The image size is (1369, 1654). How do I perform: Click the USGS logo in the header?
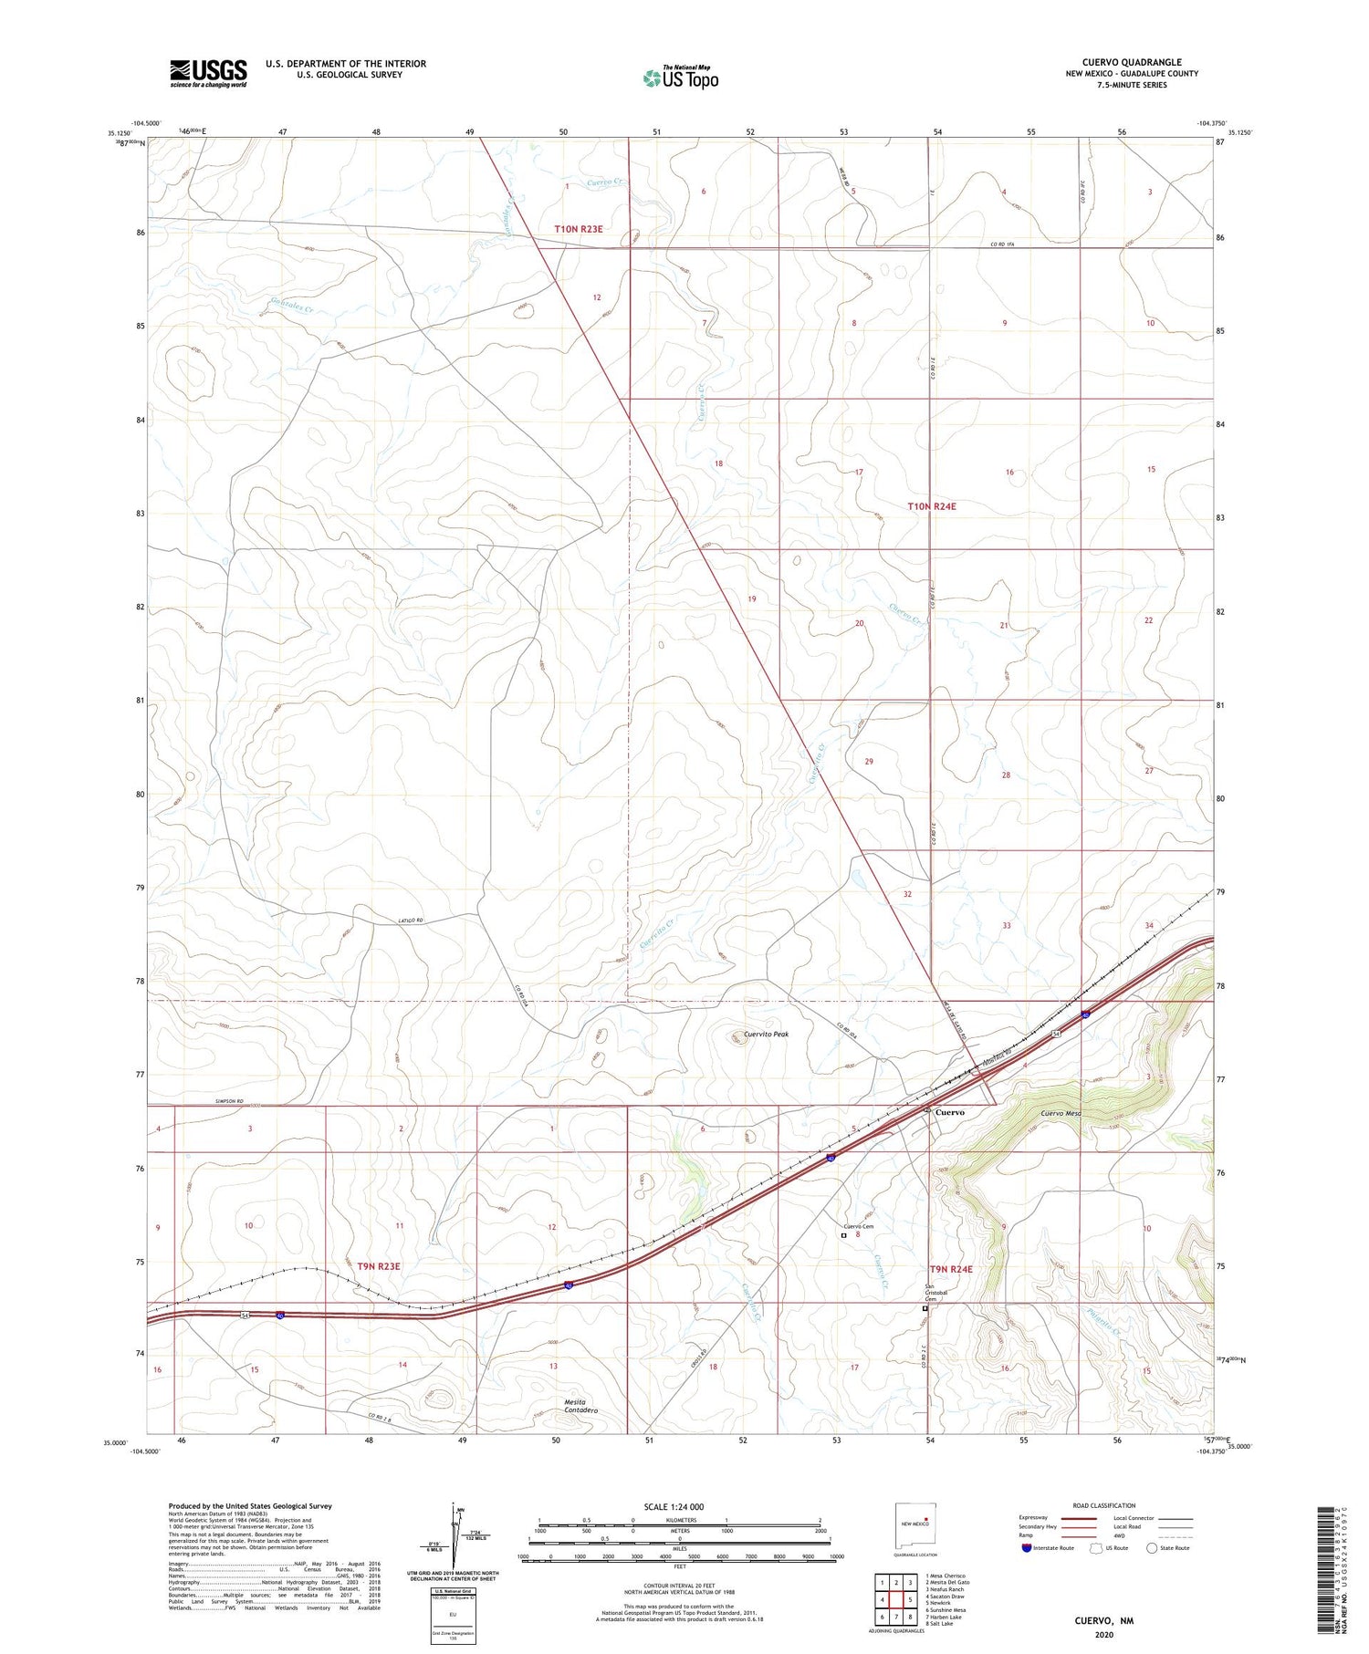(208, 73)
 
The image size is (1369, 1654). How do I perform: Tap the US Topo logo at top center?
(681, 78)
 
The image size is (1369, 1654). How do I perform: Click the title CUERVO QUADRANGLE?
(1128, 62)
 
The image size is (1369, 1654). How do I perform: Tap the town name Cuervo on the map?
(950, 1112)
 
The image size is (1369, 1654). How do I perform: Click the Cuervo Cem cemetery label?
(858, 1226)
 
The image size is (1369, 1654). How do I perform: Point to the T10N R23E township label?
(579, 229)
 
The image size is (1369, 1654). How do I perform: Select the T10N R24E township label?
(932, 505)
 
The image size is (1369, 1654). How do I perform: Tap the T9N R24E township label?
(951, 1269)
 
